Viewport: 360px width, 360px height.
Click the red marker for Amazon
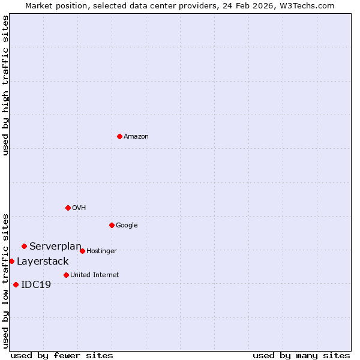click(119, 136)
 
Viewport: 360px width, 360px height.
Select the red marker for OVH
click(68, 208)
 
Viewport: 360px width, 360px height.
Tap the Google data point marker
click(112, 225)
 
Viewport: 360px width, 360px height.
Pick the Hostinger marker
click(82, 251)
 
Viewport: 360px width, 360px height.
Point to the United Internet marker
click(66, 275)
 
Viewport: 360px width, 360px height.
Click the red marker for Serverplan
click(24, 246)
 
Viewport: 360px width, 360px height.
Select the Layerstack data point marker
click(11, 261)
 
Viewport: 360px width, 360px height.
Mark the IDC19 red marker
click(16, 284)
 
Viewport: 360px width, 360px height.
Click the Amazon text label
click(136, 137)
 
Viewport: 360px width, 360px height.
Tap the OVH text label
click(79, 208)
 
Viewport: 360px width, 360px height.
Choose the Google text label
click(127, 226)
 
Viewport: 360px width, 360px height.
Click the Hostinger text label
click(101, 251)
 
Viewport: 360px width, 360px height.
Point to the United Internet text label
click(95, 275)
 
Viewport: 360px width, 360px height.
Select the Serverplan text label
click(55, 247)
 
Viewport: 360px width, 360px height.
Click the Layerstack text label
click(43, 262)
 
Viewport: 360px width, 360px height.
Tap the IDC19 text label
click(36, 285)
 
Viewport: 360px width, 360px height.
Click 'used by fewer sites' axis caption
click(62, 355)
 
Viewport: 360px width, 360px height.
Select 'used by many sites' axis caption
click(301, 355)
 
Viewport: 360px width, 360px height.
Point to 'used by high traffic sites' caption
click(5, 85)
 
